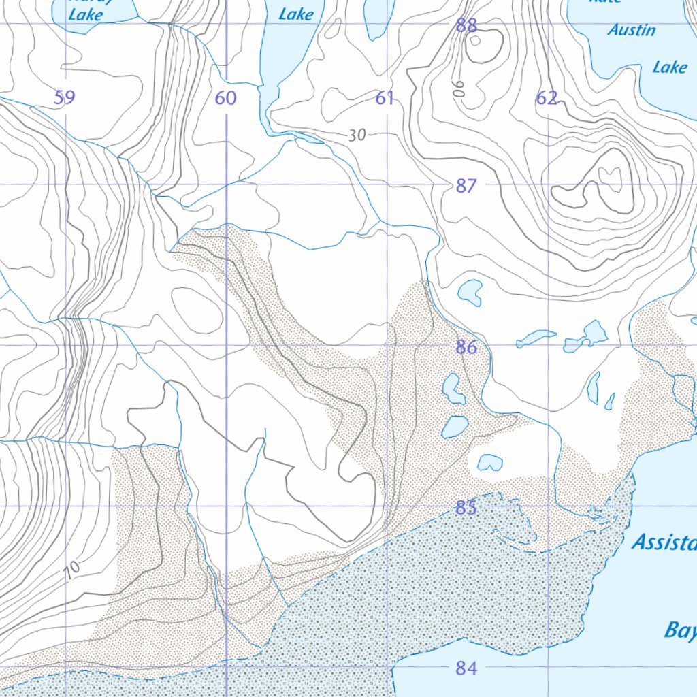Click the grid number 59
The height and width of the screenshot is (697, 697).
click(65, 98)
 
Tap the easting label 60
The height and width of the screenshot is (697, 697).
click(225, 98)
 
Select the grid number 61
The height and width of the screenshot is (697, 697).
click(385, 98)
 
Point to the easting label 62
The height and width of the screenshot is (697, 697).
click(547, 98)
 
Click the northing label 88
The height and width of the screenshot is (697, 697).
click(466, 26)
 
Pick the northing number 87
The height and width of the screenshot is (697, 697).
click(466, 185)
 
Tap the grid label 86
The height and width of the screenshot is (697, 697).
click(466, 347)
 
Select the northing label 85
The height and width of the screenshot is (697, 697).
click(466, 508)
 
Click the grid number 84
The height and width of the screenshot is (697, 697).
click(466, 668)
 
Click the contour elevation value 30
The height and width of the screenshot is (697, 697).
click(357, 135)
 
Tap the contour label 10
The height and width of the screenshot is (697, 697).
click(74, 567)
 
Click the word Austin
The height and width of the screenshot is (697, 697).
click(632, 30)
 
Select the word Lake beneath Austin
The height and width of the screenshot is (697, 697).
click(670, 67)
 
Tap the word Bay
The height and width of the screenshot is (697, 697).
click(679, 630)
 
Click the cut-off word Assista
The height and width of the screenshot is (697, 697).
click(664, 542)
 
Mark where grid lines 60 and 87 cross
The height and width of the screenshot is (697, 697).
click(226, 184)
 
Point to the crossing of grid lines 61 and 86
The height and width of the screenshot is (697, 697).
click(387, 345)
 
